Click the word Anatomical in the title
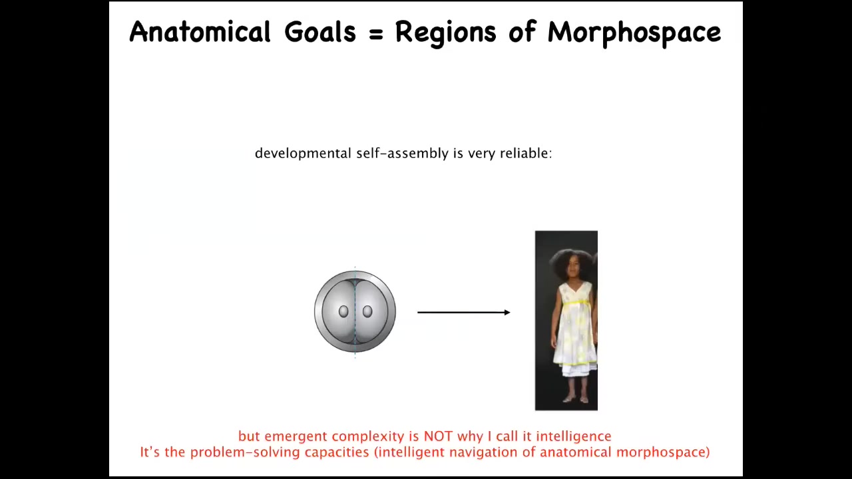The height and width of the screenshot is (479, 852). click(x=200, y=31)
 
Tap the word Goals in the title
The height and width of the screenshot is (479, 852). click(x=320, y=31)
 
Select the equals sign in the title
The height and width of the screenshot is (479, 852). click(x=376, y=33)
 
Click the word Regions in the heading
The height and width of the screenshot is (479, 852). click(x=446, y=33)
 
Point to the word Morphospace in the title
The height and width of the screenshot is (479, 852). click(x=634, y=33)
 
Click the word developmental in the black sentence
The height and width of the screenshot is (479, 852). click(x=303, y=154)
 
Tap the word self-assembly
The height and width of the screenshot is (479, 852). click(x=403, y=154)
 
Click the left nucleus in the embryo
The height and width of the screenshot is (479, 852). click(x=343, y=312)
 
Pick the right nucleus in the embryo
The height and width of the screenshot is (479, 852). click(x=367, y=312)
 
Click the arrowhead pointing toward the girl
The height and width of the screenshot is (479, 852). click(x=507, y=313)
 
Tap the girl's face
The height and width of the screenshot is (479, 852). click(x=572, y=268)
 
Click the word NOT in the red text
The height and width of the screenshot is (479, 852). click(x=438, y=436)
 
